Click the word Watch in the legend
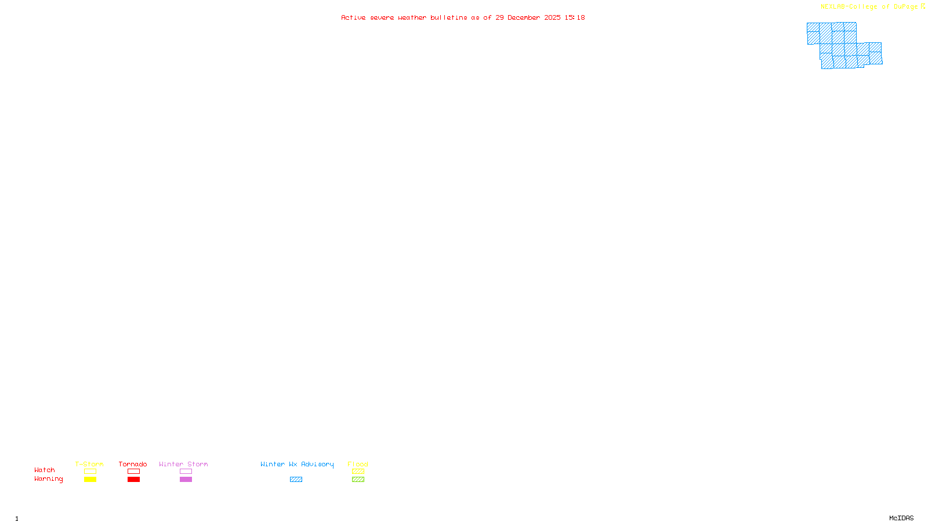point(45,470)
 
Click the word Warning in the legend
point(49,479)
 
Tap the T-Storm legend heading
point(89,464)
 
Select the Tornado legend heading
point(133,464)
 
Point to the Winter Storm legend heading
point(183,464)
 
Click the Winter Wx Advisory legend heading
point(297,464)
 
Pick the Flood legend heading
point(358,464)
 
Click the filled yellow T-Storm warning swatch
point(90,480)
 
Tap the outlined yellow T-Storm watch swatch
point(90,472)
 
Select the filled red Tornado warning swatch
point(134,480)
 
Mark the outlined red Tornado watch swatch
point(134,472)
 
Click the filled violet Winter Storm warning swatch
point(186,480)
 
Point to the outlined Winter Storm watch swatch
point(186,472)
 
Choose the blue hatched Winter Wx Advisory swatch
point(296,480)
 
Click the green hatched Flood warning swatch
point(358,480)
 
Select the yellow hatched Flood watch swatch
point(358,472)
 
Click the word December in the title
point(524,17)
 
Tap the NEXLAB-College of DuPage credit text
point(869,7)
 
